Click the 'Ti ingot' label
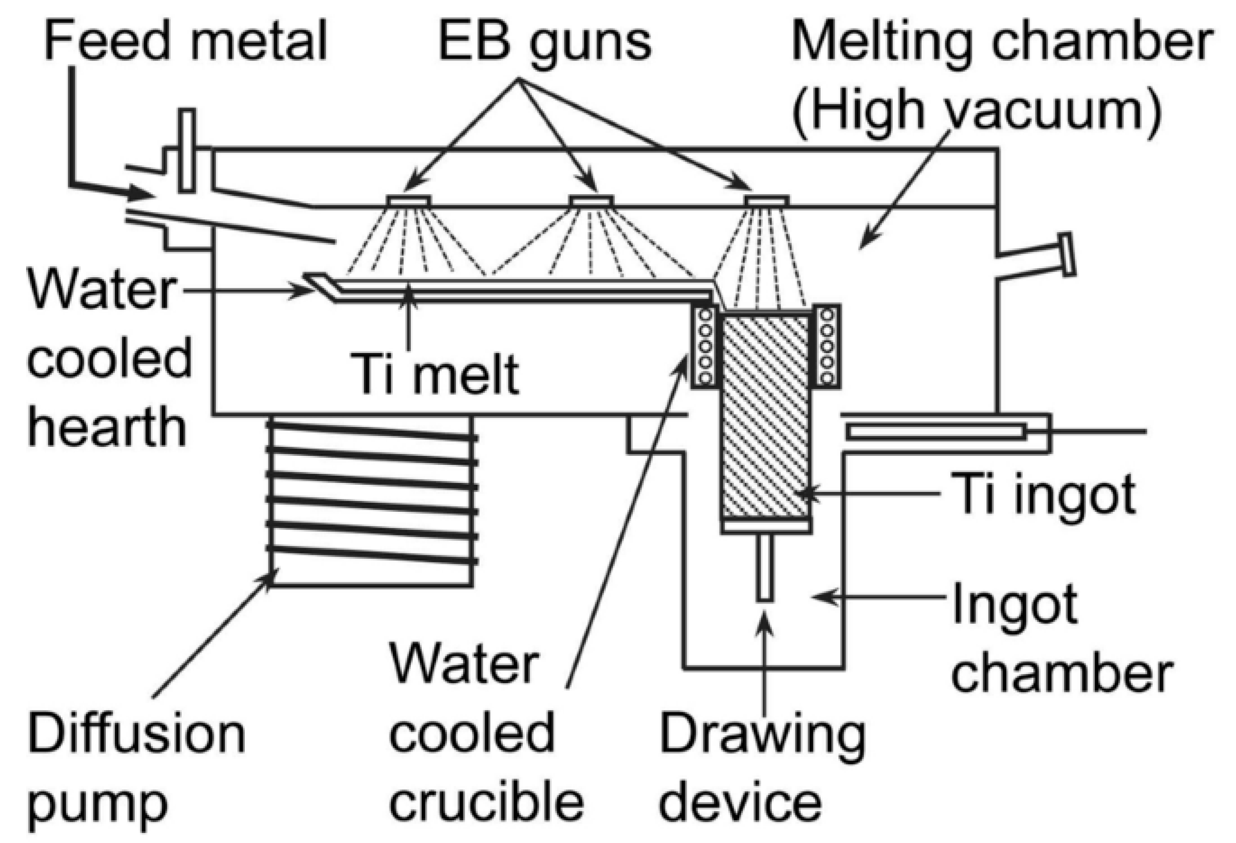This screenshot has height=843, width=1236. click(x=1043, y=495)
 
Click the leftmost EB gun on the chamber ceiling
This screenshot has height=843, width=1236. click(x=408, y=201)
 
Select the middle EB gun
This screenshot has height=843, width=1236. click(x=591, y=201)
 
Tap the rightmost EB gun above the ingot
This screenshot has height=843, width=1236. click(x=766, y=201)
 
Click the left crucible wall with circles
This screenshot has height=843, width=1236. click(x=705, y=346)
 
